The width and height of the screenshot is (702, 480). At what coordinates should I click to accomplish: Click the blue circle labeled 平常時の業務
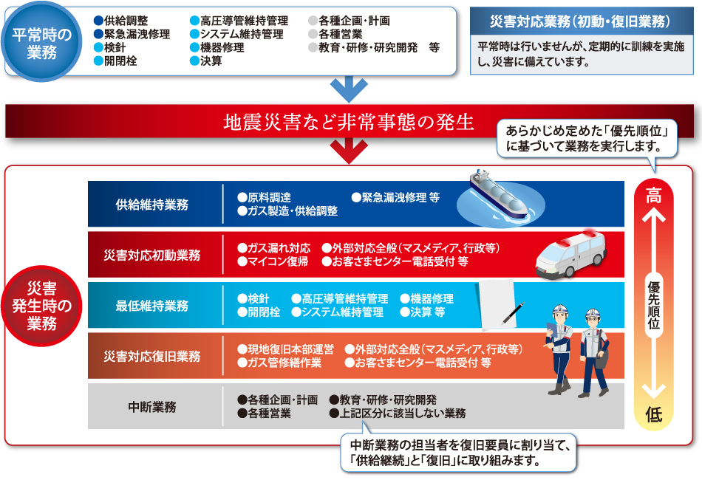(41, 41)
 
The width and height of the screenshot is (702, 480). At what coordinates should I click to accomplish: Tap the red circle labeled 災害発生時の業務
(41, 306)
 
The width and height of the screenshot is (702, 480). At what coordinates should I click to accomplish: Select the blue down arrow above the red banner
(350, 89)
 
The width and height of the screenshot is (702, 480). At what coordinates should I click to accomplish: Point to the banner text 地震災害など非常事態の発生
(349, 122)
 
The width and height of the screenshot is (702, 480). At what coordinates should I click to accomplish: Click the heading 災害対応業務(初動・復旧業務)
(580, 21)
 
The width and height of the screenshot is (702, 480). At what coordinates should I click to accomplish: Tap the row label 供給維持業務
(152, 205)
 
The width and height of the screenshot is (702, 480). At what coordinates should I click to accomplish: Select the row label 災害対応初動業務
(152, 255)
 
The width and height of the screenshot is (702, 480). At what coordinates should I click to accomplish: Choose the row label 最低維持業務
(152, 306)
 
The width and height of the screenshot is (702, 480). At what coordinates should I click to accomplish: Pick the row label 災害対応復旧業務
(152, 357)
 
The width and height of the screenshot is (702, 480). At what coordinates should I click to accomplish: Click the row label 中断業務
(152, 407)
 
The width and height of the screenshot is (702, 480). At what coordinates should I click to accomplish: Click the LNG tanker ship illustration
(500, 196)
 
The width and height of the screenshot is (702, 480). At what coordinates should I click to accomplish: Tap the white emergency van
(570, 253)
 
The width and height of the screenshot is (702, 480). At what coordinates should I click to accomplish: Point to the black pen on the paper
(513, 313)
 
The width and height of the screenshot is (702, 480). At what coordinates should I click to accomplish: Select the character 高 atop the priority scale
(654, 196)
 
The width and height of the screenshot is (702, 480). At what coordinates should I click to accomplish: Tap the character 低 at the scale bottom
(654, 414)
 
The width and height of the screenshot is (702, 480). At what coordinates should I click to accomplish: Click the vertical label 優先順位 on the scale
(654, 306)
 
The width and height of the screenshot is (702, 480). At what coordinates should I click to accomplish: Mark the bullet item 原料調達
(264, 198)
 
